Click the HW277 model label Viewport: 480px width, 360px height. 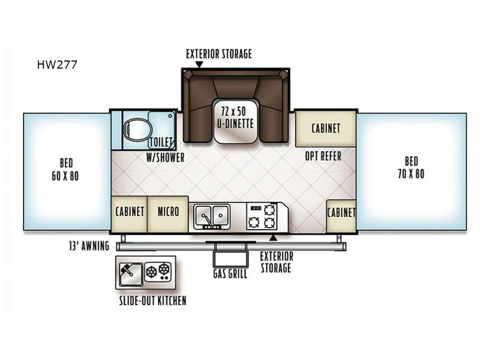(57, 65)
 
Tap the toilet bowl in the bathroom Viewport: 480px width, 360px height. (137, 130)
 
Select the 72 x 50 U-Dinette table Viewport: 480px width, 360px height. (235, 121)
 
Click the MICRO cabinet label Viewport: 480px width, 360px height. (168, 212)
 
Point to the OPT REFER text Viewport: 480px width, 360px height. (323, 156)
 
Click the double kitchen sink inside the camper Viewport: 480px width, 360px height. (212, 217)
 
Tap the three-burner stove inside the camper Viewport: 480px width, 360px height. (262, 217)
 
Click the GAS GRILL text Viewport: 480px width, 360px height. (230, 274)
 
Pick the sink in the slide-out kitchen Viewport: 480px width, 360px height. (131, 274)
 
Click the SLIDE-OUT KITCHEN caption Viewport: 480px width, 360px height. (153, 301)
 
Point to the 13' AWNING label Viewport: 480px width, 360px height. (89, 246)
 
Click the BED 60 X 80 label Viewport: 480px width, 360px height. (65, 169)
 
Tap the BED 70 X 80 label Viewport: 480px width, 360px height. (411, 167)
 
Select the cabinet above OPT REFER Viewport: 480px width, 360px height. (326, 128)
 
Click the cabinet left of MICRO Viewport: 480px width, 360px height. (130, 214)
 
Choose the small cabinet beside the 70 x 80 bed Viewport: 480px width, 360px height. (341, 216)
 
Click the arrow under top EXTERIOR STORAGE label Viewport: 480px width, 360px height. (199, 65)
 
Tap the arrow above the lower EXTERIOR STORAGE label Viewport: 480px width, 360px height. (274, 238)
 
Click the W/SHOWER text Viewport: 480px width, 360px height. (166, 158)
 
